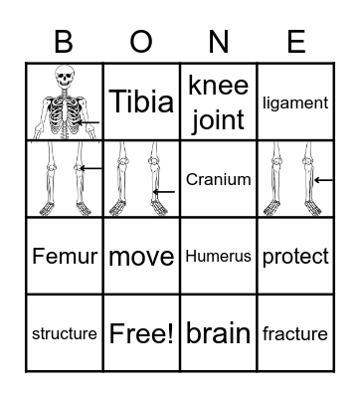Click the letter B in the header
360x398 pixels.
pos(65,42)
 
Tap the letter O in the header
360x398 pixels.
pos(141,42)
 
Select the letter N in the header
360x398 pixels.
pos(219,42)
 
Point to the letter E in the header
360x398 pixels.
pos(295,42)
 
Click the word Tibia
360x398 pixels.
pos(141,101)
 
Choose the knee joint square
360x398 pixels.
pos(218,101)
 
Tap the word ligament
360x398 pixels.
pos(295,101)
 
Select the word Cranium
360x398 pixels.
pos(218,179)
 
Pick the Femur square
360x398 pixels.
pos(65,257)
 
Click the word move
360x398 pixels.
pos(141,257)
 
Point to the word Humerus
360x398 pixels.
pos(218,257)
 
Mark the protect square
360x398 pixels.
pos(295,257)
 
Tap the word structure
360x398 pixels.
pos(65,333)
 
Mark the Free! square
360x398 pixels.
pos(141,333)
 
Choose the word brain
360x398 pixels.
pos(218,333)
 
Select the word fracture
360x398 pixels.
pos(295,333)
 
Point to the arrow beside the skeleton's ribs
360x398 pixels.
pos(88,123)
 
